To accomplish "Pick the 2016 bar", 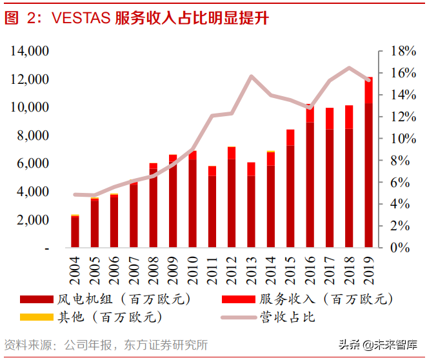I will coord(310,177).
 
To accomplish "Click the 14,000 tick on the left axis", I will coord(29,51).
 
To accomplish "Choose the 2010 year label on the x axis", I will coord(193,270).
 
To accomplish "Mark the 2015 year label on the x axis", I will coord(291,270).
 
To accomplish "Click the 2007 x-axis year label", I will coord(134,270).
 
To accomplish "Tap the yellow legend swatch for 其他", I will coord(37,317).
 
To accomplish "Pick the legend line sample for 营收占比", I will coord(238,317).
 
